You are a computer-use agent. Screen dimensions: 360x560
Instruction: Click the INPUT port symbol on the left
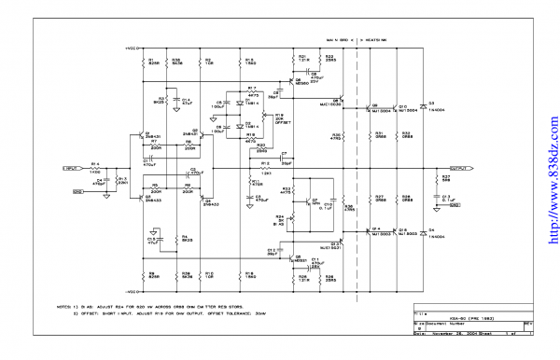tap(71, 169)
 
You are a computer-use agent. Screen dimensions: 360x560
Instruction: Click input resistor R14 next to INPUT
tap(94, 168)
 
